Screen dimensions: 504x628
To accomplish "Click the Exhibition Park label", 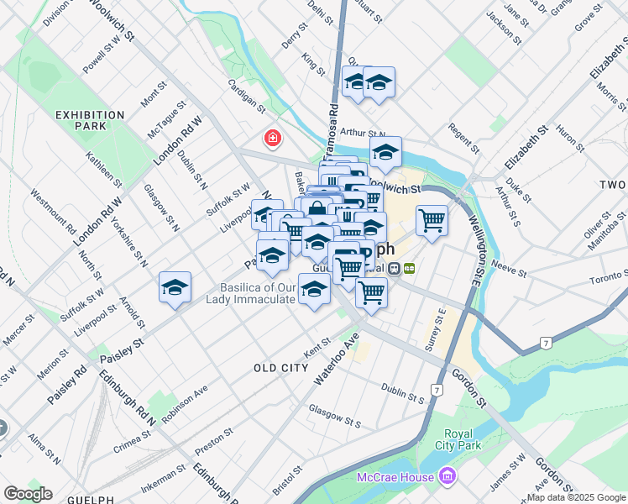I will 90,120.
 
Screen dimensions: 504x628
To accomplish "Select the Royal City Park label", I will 459,439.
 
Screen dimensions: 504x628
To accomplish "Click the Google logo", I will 28,494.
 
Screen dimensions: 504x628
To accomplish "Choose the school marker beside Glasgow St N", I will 175,288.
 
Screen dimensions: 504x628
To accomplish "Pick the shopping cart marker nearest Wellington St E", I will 432,221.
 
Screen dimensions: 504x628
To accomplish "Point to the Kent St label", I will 319,344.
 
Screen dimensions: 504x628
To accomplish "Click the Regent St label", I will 463,138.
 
